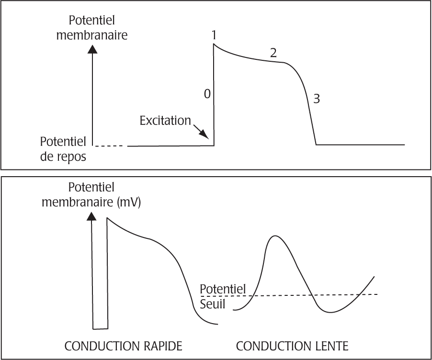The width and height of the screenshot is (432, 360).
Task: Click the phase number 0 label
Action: [x=207, y=94]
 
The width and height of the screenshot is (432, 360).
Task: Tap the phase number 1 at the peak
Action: [x=214, y=35]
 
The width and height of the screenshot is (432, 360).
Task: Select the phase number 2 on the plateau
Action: [x=273, y=53]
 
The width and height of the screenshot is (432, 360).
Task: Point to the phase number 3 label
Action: [x=316, y=99]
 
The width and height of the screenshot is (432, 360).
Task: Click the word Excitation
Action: [x=165, y=120]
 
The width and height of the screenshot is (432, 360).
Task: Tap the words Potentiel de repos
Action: [x=63, y=149]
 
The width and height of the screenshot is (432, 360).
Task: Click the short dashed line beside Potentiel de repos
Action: [x=111, y=146]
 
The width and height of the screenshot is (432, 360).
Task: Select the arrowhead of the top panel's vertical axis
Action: [x=93, y=48]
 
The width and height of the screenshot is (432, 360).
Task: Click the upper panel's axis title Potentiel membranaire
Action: [x=92, y=28]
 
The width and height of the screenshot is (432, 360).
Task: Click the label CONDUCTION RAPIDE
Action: [x=124, y=346]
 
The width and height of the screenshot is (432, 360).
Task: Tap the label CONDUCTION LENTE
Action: [x=293, y=346]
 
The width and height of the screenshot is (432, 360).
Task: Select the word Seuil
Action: [x=212, y=304]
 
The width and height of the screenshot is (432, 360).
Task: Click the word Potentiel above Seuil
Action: [x=222, y=289]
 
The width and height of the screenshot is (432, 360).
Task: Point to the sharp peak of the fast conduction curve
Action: [x=107, y=218]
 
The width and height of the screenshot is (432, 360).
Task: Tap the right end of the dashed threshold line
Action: [x=377, y=294]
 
